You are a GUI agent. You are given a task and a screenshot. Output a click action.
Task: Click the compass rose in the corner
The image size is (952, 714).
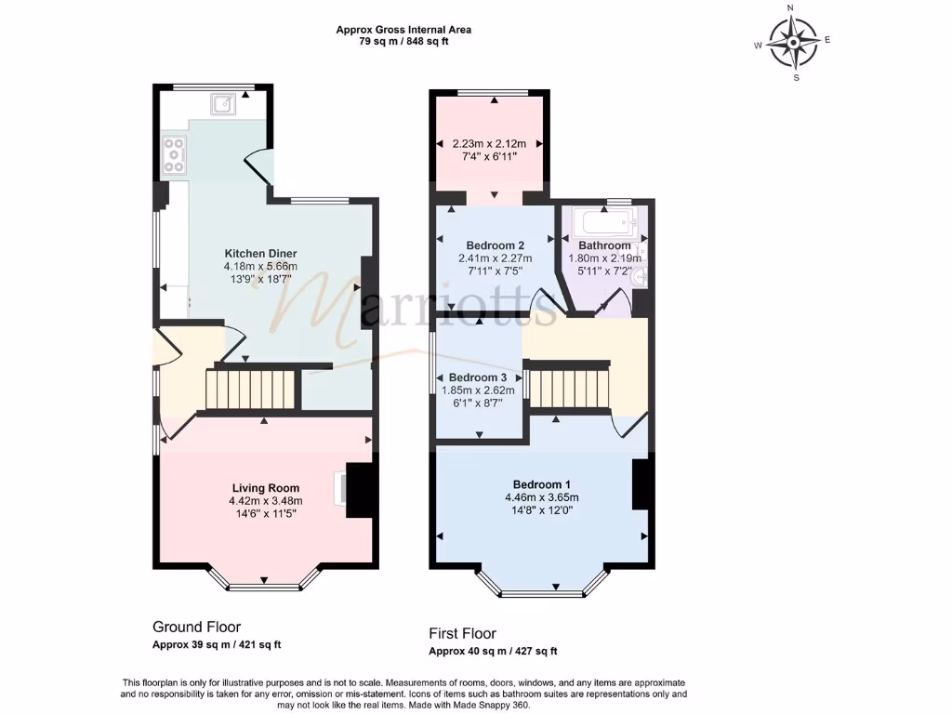[x=792, y=43]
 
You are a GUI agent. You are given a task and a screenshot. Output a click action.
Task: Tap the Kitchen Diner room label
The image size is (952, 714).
[x=260, y=254]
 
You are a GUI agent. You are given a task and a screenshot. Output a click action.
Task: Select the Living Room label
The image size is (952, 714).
[x=265, y=487]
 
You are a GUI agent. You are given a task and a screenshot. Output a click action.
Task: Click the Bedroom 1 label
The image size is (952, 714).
[x=541, y=484]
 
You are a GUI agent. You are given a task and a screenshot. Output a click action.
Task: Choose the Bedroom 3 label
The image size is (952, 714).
[x=478, y=377]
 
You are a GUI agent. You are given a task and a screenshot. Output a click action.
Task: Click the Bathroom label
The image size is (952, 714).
[x=605, y=245]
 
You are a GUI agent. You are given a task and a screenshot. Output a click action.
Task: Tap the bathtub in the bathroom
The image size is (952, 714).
[x=605, y=222]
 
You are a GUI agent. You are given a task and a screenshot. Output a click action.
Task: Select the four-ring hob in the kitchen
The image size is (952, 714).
[x=173, y=155]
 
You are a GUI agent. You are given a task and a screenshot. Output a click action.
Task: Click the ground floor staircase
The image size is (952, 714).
[x=250, y=389]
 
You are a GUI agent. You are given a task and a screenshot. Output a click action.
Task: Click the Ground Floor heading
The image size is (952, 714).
[x=196, y=627]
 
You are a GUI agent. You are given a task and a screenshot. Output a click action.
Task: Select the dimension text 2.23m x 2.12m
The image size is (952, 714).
[x=489, y=144]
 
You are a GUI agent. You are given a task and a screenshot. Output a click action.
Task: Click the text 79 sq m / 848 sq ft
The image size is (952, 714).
[x=403, y=41]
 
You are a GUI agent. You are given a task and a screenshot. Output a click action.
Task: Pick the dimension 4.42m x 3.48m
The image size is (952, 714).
[x=265, y=500]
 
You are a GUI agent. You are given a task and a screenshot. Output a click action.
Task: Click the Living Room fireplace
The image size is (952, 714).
[x=358, y=489]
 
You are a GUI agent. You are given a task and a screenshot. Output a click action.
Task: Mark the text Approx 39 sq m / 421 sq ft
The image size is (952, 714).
[x=217, y=644]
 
